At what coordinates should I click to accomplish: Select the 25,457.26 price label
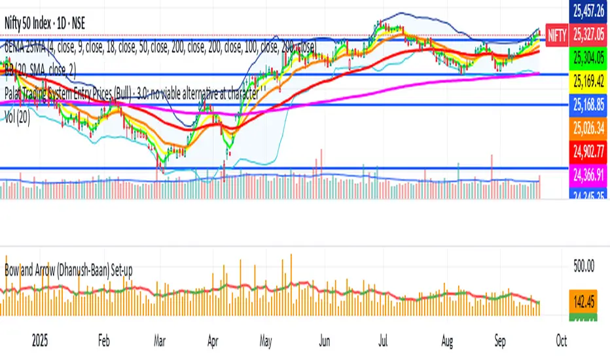click(x=587, y=10)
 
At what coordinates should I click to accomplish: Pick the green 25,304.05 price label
click(x=587, y=56)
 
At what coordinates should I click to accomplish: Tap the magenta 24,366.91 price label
click(x=587, y=175)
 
